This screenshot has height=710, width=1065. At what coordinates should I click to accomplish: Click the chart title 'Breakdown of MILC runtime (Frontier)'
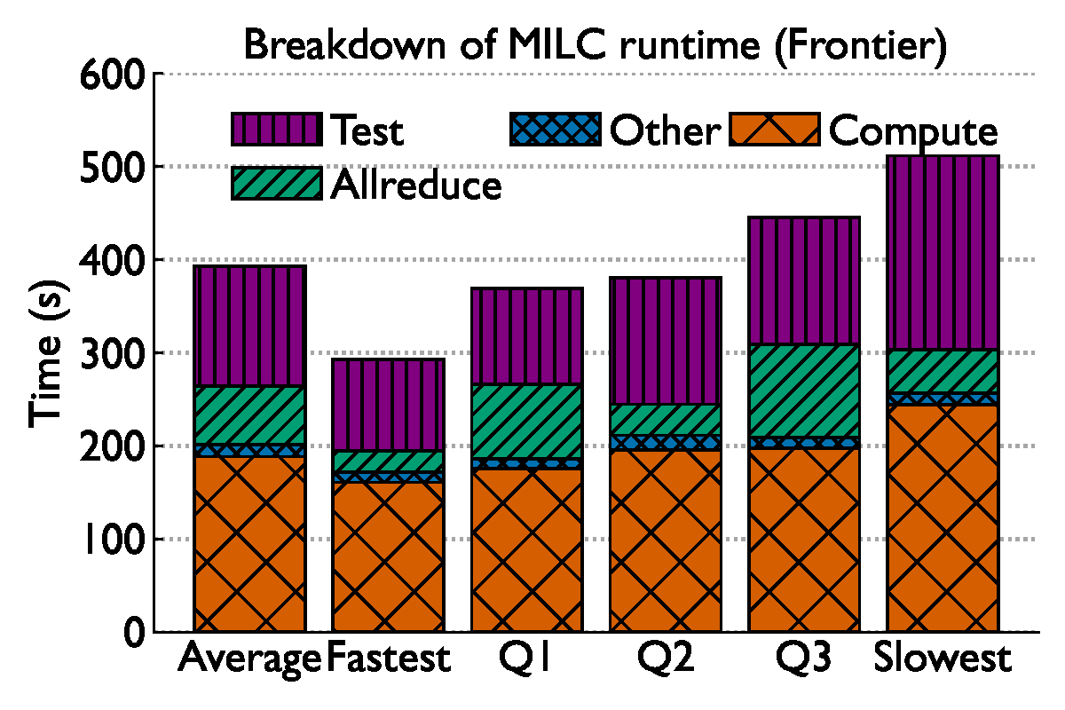pyautogui.click(x=595, y=44)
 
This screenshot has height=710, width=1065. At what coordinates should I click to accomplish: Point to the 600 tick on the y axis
pyautogui.click(x=112, y=75)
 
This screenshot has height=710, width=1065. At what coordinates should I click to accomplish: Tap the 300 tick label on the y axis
pyautogui.click(x=112, y=353)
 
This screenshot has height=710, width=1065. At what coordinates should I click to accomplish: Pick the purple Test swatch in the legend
pyautogui.click(x=276, y=130)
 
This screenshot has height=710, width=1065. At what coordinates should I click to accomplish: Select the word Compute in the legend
pyautogui.click(x=913, y=131)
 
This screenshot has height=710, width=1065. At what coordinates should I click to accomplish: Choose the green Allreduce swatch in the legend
pyautogui.click(x=276, y=184)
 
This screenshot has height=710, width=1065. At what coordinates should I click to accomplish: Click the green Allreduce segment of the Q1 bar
pyautogui.click(x=527, y=422)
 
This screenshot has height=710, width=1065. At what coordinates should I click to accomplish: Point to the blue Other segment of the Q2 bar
pyautogui.click(x=666, y=442)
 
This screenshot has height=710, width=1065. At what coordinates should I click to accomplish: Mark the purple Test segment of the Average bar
pyautogui.click(x=249, y=326)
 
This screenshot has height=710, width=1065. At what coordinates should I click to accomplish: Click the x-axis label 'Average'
pyautogui.click(x=249, y=659)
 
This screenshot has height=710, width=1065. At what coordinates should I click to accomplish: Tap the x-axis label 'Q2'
pyautogui.click(x=666, y=659)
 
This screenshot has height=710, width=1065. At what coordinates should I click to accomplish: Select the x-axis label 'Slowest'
pyautogui.click(x=943, y=659)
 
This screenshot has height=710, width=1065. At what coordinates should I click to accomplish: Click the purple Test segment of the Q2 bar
pyautogui.click(x=666, y=341)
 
